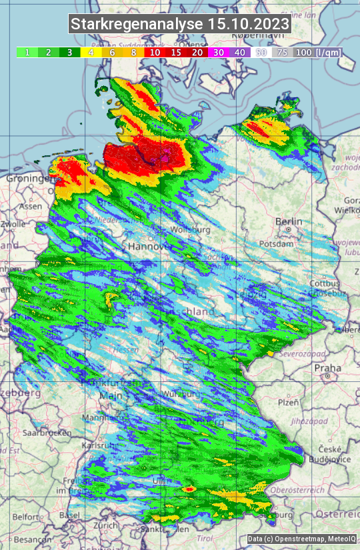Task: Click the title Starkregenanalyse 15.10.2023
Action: click(x=180, y=25)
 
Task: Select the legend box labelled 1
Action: click(x=27, y=52)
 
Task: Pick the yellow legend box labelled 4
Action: click(x=90, y=52)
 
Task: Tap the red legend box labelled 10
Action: click(x=155, y=52)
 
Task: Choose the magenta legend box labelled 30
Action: click(x=219, y=52)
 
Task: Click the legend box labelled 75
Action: click(x=282, y=52)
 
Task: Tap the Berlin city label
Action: click(x=288, y=221)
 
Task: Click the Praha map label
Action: click(x=328, y=367)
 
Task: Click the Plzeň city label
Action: click(x=288, y=403)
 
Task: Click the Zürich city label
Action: click(x=105, y=525)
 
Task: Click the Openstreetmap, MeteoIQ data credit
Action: click(x=301, y=539)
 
